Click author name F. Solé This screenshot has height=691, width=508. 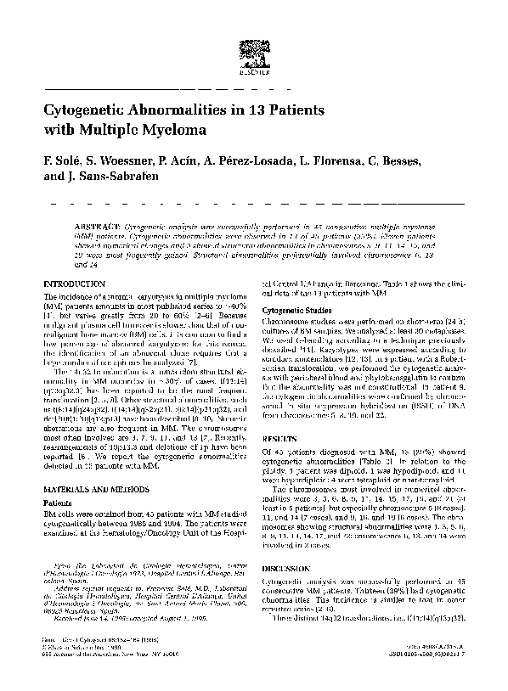(60, 161)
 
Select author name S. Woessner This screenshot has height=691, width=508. (117, 161)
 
